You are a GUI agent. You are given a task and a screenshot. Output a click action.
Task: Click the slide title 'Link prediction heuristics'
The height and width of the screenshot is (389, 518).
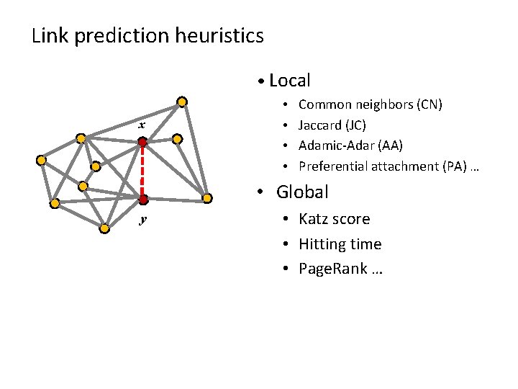(147, 35)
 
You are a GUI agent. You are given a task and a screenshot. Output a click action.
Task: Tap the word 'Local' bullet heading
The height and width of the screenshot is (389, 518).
(289, 81)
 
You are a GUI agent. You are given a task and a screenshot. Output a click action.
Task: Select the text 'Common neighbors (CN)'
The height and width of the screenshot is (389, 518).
(370, 105)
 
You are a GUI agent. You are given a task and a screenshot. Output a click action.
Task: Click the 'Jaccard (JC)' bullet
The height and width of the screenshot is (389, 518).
(332, 125)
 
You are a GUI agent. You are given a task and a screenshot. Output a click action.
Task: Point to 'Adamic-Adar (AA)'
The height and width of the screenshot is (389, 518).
(350, 146)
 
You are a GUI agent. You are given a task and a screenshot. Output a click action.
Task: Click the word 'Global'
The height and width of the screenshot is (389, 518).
(302, 192)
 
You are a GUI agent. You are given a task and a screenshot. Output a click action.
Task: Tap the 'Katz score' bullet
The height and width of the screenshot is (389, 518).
(335, 219)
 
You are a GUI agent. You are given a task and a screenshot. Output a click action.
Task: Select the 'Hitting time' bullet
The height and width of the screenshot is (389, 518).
(340, 244)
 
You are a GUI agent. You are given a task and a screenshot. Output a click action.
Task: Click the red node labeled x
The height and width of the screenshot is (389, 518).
(143, 143)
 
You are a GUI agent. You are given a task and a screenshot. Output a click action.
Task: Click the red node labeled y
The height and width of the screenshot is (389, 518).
(143, 199)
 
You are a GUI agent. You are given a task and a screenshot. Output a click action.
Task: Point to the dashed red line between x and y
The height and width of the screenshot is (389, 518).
(143, 171)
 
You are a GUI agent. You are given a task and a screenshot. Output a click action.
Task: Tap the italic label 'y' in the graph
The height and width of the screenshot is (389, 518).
(142, 219)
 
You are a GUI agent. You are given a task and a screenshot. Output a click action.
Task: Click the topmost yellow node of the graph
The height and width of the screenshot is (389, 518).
(183, 102)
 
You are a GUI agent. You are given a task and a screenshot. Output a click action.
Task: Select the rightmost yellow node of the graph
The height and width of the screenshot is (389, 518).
(206, 198)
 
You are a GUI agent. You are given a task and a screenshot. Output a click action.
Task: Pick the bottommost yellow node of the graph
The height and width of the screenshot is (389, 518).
(104, 228)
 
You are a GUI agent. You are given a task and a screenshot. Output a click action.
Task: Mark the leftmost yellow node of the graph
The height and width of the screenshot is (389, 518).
(42, 160)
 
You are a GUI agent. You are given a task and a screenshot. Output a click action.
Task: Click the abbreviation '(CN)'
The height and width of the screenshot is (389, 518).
(430, 105)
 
